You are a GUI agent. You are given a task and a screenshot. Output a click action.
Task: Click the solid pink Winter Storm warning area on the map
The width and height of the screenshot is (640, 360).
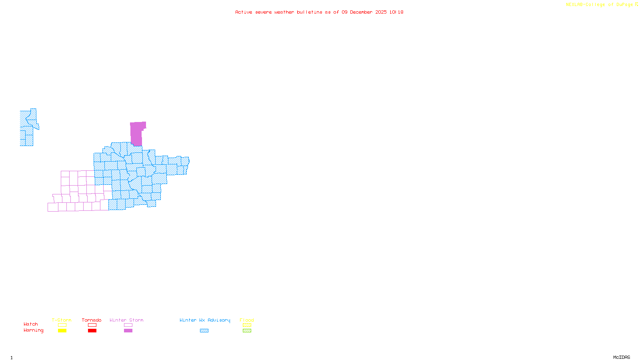tap(136, 134)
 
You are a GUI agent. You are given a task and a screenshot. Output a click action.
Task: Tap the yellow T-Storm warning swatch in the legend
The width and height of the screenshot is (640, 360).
tap(62, 331)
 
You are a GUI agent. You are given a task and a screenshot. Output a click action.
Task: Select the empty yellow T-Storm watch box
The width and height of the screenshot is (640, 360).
tap(62, 325)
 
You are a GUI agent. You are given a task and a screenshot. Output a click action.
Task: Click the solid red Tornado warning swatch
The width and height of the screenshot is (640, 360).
tap(92, 331)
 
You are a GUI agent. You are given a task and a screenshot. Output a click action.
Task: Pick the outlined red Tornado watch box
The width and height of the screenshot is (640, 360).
tap(92, 325)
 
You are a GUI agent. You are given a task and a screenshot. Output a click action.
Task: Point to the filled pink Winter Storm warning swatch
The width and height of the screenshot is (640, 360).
tap(128, 331)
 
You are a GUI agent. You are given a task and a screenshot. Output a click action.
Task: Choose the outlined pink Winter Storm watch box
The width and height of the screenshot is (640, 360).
tap(128, 325)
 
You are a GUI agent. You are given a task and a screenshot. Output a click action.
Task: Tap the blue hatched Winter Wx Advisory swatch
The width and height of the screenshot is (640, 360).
tap(204, 331)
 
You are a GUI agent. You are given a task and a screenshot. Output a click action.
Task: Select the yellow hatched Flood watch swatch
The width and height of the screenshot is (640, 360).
tap(247, 325)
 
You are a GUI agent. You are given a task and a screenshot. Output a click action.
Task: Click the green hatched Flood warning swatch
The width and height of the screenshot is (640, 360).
tap(247, 331)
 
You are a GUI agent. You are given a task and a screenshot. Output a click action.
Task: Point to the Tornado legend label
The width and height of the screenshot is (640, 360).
tap(92, 320)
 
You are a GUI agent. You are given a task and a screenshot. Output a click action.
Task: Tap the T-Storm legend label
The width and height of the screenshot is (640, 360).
tap(62, 320)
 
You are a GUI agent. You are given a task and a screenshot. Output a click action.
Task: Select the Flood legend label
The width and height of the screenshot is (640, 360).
tap(247, 320)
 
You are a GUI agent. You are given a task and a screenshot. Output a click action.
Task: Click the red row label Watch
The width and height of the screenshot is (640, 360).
tap(31, 324)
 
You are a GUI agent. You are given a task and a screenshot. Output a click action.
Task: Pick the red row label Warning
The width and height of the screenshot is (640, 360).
tap(33, 330)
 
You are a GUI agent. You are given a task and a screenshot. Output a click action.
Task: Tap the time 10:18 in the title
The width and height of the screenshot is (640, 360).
tap(396, 12)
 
